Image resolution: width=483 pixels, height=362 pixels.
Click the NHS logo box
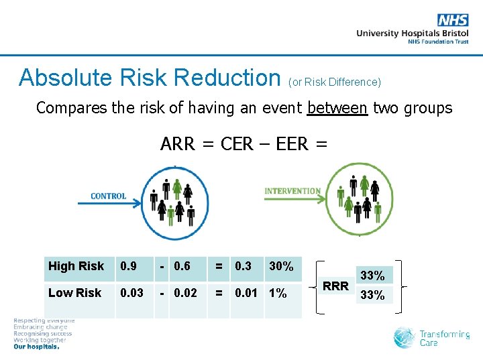coord(453,20)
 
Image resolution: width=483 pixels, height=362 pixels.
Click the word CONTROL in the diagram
coord(108,196)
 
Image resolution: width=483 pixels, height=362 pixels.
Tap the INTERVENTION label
coord(292,191)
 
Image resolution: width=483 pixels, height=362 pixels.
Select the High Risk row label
coord(76,266)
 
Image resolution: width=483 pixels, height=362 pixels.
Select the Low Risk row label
coord(74,293)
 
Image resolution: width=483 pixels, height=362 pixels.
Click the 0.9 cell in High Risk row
coord(127,266)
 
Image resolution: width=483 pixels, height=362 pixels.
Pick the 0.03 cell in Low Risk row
coord(131,293)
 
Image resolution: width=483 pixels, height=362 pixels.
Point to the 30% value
coord(280,266)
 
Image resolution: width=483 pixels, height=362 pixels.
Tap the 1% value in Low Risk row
coord(277,293)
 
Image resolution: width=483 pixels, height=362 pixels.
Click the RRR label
coord(336,286)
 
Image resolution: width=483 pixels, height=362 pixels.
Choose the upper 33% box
coord(373,275)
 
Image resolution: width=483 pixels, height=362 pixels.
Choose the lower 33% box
coord(373,295)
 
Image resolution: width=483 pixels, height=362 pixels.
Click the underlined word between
coord(337,108)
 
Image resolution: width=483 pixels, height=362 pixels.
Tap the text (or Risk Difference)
coord(334,82)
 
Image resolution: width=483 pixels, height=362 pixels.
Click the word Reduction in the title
coord(227,78)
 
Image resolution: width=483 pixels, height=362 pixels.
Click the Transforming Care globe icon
coord(405,337)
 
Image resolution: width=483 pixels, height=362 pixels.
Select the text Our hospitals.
coord(36,347)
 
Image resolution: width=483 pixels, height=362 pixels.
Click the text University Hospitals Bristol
coord(412,33)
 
